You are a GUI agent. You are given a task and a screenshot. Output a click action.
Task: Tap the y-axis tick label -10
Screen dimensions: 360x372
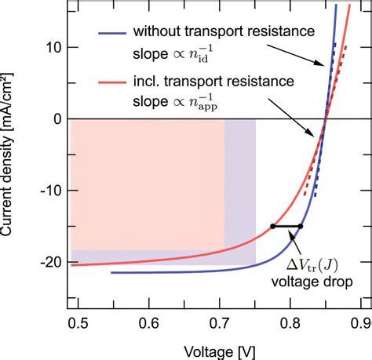tap(48, 191)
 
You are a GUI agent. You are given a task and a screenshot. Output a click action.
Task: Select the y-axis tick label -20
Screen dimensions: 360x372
tap(48, 262)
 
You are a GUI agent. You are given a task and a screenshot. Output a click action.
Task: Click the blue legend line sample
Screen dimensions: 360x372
tap(111, 33)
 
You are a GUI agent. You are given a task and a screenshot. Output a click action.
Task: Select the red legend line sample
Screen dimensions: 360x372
tap(111, 80)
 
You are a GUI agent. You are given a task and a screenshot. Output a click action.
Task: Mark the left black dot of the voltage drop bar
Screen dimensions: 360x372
tap(272, 226)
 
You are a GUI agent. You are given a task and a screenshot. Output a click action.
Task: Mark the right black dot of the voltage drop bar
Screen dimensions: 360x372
tap(301, 226)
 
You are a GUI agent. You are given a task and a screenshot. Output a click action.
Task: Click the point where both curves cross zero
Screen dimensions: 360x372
tap(326, 119)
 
